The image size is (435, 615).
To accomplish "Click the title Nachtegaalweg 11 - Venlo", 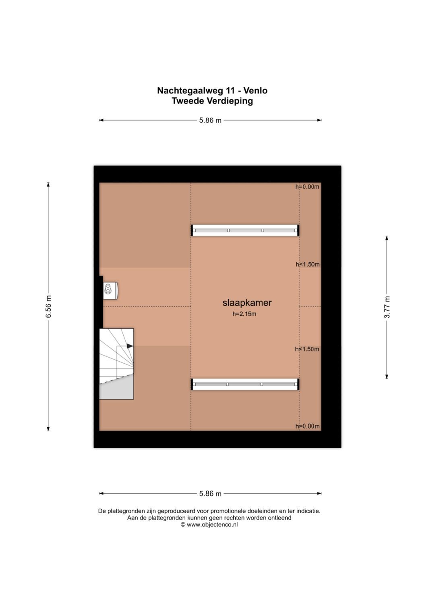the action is pos(212,91).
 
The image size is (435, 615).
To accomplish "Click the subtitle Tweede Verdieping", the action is pos(212,101).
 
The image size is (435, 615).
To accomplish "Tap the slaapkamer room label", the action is pos(247,302).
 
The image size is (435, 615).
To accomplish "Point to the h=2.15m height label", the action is pos(244,314).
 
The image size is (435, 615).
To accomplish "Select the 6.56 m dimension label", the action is pos(49,306).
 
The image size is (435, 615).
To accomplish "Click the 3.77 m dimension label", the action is pos(387,307).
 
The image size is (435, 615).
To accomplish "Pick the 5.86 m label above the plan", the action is pos(210,120).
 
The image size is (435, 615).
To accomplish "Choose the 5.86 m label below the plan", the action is pos(210,494).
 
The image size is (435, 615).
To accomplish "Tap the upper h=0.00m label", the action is pos(307,187).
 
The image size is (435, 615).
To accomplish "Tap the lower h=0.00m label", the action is pos(307,426).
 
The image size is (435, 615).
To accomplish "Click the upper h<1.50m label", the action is pos(308,264).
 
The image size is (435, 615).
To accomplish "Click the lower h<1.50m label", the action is pos(307,349).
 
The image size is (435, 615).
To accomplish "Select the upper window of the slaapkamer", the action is pos(245,230).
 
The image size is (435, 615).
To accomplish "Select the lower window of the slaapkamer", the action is pos(245,384).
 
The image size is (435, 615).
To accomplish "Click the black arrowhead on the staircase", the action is pos(130,346).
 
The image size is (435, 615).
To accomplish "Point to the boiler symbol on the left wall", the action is pos(110,290).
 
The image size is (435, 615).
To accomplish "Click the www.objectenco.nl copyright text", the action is pos(209,525).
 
